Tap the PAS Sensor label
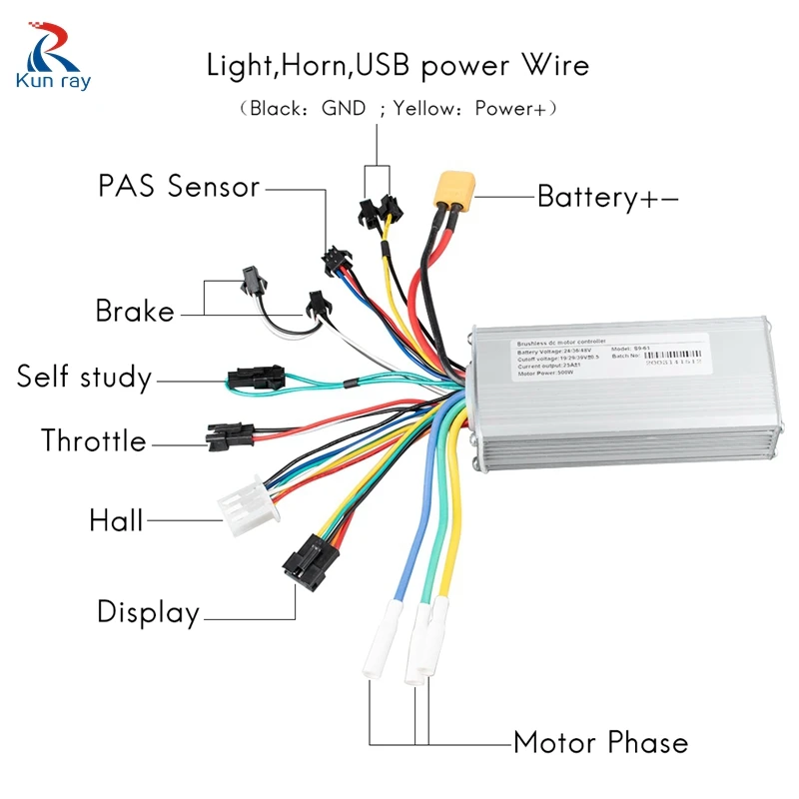(179, 187)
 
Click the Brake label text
(135, 311)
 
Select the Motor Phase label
(600, 743)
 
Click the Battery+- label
(608, 197)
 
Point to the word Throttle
(94, 440)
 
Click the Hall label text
(116, 520)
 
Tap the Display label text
(148, 611)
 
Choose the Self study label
(85, 378)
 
